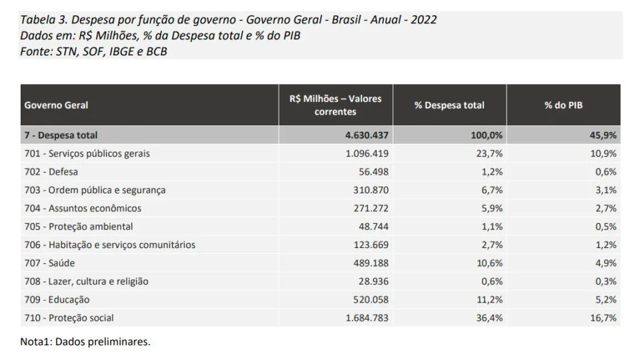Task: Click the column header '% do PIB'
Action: point(563,105)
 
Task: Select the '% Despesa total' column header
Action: point(449,105)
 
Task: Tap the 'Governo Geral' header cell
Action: point(56,105)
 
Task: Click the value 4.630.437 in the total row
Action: point(367,135)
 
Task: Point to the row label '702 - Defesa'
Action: point(51,172)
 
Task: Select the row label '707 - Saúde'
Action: point(49,263)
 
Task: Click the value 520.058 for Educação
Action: point(371,299)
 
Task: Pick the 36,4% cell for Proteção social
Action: point(489,318)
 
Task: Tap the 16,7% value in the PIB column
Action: point(603,318)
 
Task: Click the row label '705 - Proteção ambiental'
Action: point(79,227)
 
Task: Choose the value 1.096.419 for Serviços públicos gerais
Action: point(367,153)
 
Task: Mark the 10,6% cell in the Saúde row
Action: point(490,263)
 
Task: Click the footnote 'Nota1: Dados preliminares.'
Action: point(85,341)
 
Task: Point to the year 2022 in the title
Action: point(424,19)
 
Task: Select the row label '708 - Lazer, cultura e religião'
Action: point(86,281)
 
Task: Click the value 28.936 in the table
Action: point(373,281)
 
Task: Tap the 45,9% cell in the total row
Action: point(603,135)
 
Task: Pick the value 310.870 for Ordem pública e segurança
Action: point(371,190)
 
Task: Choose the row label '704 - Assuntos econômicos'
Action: point(83,209)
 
